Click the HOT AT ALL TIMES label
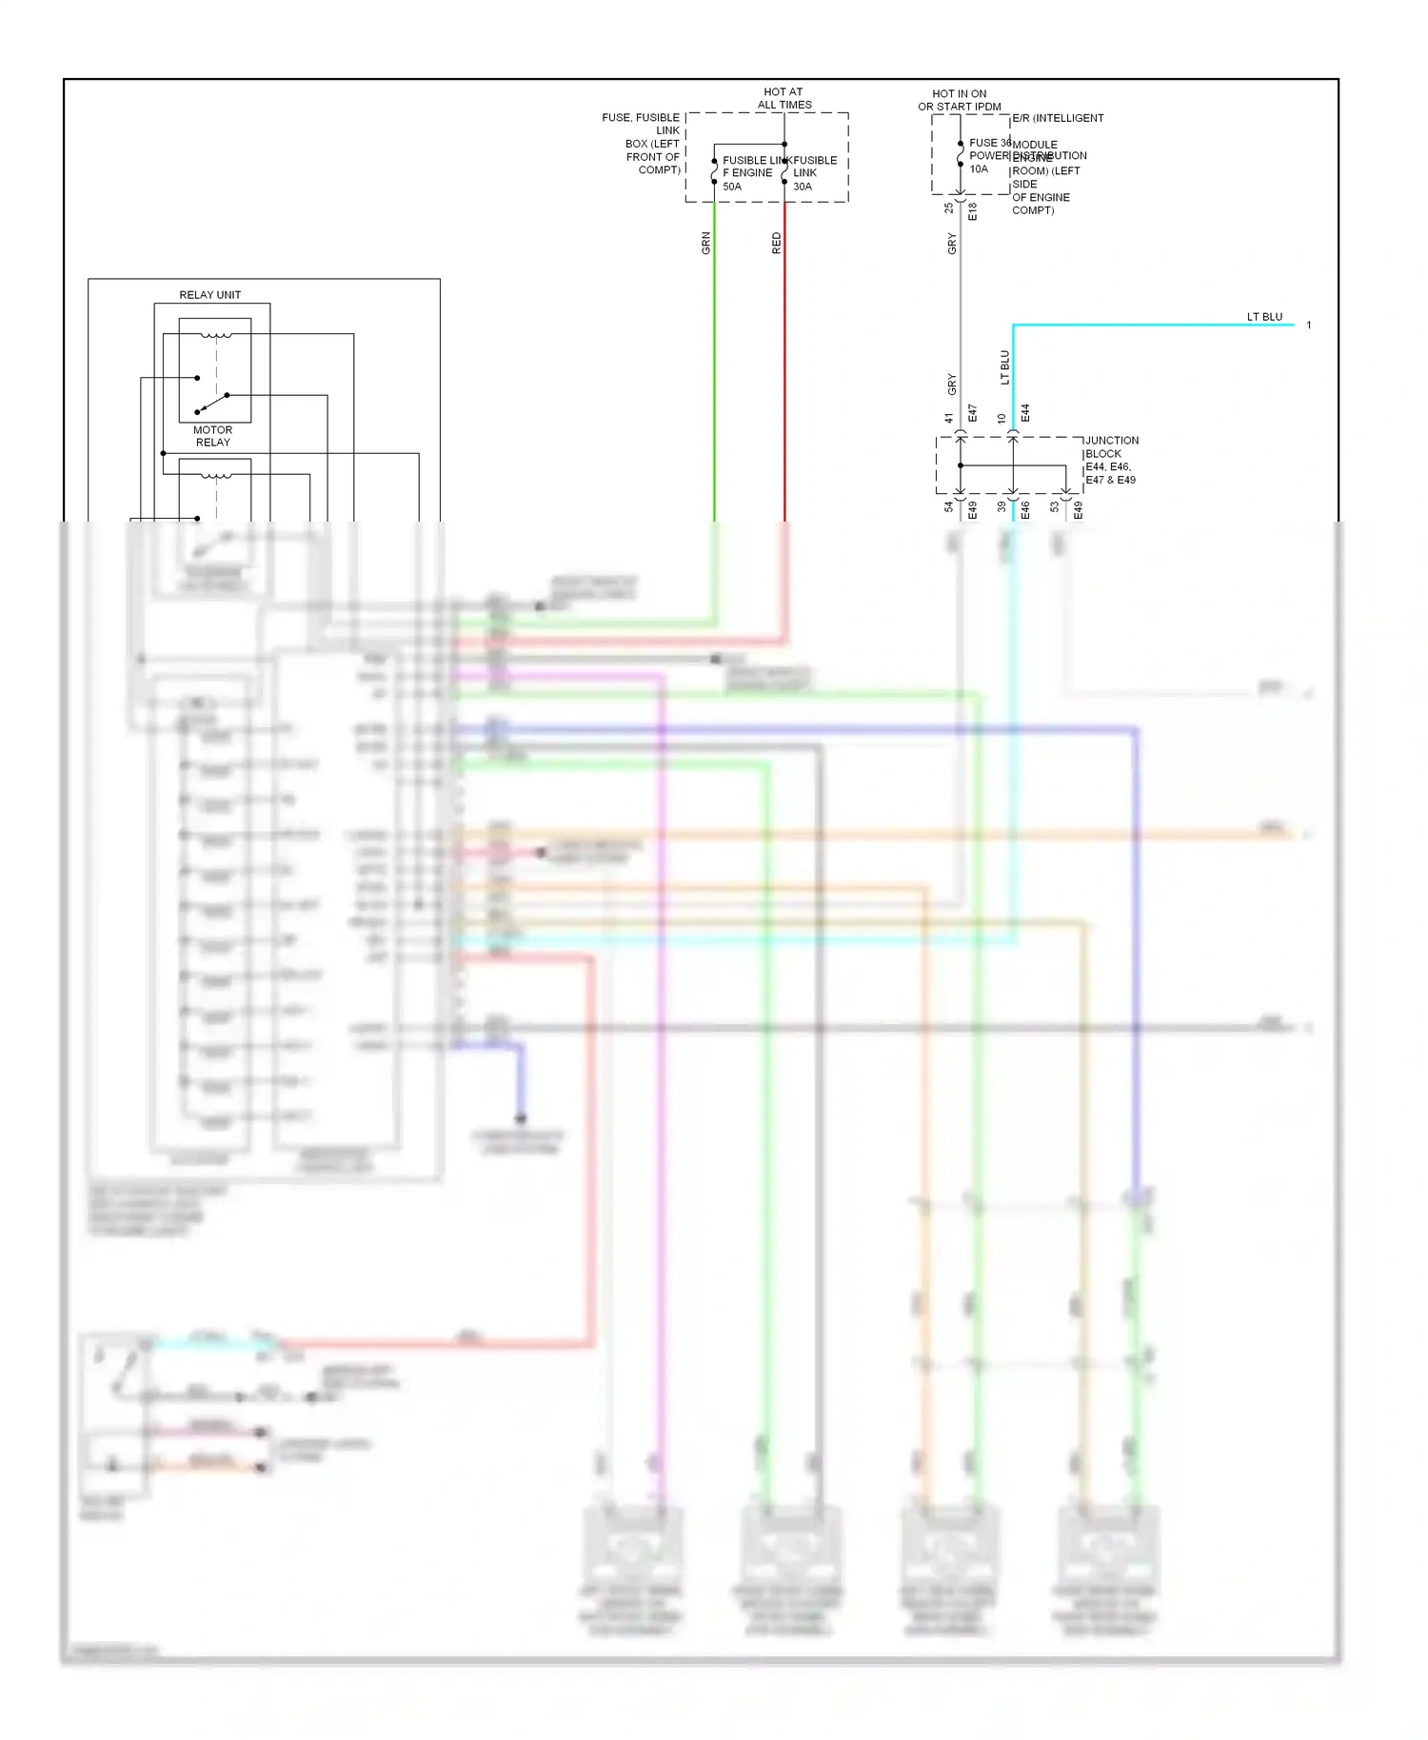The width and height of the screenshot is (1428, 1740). pos(784,99)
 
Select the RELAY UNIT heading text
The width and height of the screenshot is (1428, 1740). pos(209,295)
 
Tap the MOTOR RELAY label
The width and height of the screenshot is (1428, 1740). pos(213,436)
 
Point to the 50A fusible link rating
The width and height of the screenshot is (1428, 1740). pos(731,187)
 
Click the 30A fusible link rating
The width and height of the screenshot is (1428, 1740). pos(803,187)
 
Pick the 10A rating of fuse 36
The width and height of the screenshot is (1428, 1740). pos(979,169)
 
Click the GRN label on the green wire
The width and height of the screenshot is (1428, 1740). pos(706,243)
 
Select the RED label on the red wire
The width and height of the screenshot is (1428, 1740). pos(776,243)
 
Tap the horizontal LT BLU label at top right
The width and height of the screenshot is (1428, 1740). pos(1264,317)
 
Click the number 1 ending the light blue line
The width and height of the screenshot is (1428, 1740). pos(1309,326)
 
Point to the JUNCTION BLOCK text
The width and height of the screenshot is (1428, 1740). pos(1111,446)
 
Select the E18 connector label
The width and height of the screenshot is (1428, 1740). pos(972,211)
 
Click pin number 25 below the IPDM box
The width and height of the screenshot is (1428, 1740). pos(949,208)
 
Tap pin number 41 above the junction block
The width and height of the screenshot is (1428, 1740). pos(949,418)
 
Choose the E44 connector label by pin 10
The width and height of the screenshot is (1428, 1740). pos(1025,413)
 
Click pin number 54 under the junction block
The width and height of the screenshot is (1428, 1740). pos(949,507)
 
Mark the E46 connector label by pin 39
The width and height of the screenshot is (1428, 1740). pos(1025,511)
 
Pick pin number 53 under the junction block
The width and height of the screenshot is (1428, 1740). pos(1055,507)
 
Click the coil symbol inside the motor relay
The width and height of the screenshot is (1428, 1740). pos(216,335)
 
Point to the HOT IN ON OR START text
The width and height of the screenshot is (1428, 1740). pos(960,100)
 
